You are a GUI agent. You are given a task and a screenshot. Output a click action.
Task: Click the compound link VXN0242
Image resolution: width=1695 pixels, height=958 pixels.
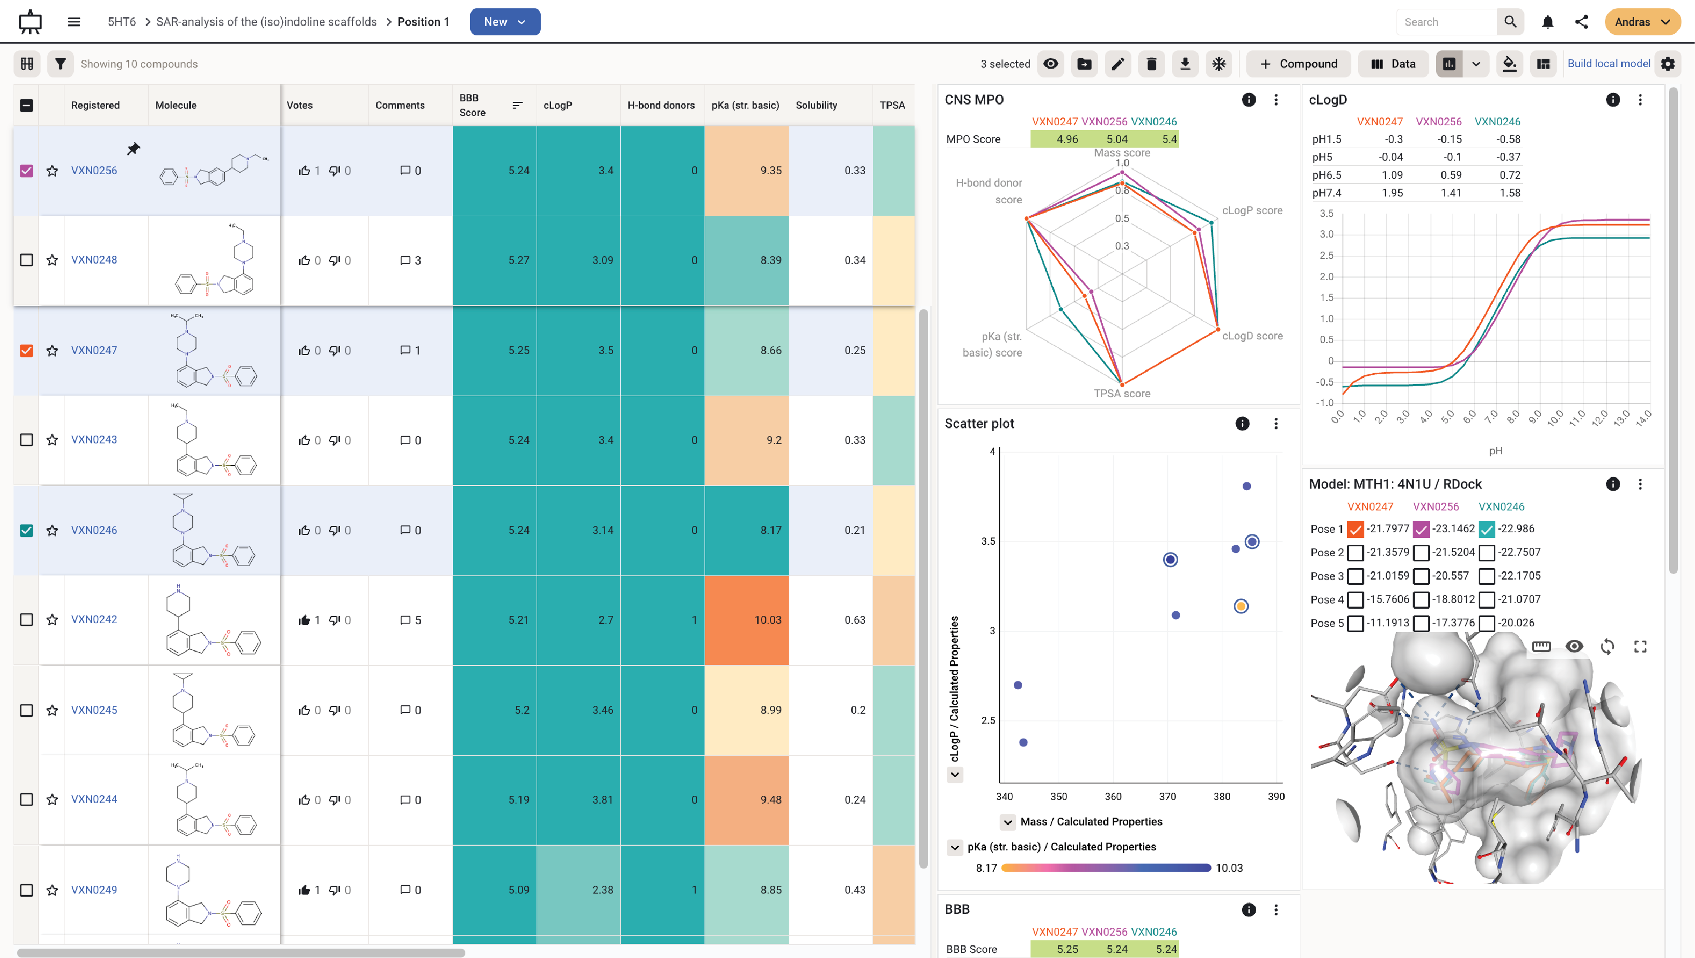94,620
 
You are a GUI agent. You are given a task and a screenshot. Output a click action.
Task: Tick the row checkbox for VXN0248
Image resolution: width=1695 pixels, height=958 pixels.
27,260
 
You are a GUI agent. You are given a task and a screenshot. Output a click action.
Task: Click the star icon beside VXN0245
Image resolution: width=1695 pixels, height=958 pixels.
52,710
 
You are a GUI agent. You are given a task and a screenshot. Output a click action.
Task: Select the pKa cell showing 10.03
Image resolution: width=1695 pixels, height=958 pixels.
746,620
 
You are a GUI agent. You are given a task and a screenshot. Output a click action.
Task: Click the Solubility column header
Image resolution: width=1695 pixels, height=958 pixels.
816,106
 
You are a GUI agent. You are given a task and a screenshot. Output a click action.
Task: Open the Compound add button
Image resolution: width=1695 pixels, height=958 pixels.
1298,64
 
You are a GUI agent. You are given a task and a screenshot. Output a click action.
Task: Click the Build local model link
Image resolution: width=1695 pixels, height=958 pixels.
1608,64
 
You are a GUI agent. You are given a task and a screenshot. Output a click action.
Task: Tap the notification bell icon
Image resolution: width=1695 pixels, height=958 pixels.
1548,22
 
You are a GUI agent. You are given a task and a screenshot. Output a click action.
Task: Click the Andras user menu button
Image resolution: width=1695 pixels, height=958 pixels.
1642,22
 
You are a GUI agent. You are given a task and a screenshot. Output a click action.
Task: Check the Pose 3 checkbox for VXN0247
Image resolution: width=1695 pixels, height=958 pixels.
1355,576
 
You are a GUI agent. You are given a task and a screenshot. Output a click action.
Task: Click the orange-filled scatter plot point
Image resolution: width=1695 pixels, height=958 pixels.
1241,606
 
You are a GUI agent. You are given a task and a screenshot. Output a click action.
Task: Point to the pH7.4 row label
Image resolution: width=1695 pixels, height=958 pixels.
1326,193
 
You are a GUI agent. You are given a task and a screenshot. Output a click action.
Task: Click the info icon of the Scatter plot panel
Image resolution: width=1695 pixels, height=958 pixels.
1242,424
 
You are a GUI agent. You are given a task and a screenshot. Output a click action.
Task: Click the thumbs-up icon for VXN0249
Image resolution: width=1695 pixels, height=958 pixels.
304,889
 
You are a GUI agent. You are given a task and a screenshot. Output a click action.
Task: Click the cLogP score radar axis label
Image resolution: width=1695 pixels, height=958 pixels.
1251,211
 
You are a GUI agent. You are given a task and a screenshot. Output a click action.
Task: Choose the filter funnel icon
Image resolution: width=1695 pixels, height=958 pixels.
60,64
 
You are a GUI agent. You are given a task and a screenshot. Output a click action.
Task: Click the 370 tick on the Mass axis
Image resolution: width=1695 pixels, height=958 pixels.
1167,796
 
